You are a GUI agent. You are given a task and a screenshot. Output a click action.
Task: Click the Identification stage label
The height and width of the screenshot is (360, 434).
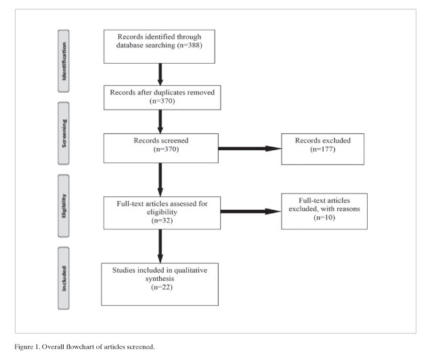point(64,61)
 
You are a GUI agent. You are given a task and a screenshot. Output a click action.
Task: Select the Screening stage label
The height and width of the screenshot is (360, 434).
point(64,133)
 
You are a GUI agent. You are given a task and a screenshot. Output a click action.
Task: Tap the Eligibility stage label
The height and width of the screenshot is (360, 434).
point(64,206)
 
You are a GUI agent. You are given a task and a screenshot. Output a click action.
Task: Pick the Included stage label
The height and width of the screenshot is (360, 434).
point(64,278)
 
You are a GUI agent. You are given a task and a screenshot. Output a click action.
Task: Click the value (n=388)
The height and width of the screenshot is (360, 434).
point(190,45)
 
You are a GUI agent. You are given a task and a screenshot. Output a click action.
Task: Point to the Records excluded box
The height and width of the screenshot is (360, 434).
point(323,149)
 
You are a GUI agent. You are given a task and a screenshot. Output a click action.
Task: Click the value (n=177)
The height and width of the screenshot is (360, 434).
point(323,149)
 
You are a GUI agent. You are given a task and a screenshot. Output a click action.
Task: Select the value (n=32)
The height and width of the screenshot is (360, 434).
point(162,221)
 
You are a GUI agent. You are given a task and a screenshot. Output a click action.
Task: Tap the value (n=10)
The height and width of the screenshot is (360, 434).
point(324,217)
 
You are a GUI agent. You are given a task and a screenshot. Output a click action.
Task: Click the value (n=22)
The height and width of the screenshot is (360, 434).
point(162,287)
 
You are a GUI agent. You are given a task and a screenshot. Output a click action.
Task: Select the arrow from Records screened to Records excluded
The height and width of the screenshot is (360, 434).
point(250,149)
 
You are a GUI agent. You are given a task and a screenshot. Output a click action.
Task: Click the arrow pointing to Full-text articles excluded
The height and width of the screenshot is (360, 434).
point(251,212)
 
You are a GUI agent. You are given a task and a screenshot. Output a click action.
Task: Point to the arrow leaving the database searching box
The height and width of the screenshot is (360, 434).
point(160,74)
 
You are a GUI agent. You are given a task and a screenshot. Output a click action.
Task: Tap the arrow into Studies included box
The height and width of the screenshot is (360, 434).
point(160,246)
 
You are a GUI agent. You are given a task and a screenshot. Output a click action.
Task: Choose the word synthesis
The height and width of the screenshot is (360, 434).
point(160,279)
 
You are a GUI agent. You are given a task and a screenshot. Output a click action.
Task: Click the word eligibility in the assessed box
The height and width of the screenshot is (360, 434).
point(162,212)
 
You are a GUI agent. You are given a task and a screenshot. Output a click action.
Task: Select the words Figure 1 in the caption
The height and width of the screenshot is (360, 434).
point(27,347)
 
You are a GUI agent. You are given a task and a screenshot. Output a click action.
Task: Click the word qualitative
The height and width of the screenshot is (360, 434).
point(190,271)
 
